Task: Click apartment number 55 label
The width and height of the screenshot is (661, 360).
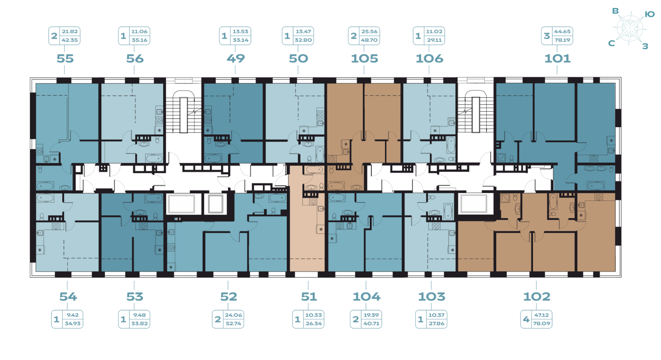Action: click(65, 58)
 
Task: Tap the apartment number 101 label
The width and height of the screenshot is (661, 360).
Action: click(557, 58)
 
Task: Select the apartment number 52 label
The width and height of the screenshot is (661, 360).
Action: click(229, 296)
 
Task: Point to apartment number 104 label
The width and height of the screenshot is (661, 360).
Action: click(367, 296)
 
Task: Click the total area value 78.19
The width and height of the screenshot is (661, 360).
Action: click(562, 40)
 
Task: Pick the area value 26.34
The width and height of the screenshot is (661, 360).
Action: click(314, 323)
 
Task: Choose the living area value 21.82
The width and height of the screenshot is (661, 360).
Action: click(70, 31)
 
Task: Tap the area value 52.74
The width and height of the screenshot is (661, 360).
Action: click(233, 323)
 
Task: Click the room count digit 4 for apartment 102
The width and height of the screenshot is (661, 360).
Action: click(526, 319)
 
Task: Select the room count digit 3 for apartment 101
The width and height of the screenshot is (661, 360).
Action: click(547, 35)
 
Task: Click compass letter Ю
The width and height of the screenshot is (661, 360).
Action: click(649, 14)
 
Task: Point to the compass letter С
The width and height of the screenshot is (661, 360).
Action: click(612, 43)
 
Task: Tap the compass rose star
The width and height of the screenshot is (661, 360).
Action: click(630, 29)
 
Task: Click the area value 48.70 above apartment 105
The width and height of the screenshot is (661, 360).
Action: click(369, 40)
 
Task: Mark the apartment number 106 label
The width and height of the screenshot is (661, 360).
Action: click(429, 58)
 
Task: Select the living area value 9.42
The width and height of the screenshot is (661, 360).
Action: click(73, 315)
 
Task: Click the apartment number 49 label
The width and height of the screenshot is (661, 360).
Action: click(235, 58)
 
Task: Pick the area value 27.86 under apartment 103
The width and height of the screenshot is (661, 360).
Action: click(436, 323)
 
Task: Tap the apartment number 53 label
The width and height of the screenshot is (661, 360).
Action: click(134, 296)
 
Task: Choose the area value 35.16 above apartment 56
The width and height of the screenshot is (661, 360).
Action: click(139, 40)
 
